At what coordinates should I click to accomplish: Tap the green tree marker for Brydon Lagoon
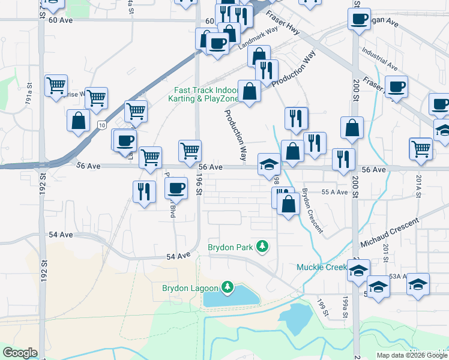228,287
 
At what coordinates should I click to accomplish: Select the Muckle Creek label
322,266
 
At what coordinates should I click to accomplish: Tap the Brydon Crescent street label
312,210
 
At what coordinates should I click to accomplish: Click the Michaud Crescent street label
390,233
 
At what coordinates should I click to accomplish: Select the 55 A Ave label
335,192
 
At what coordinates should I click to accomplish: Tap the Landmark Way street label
259,37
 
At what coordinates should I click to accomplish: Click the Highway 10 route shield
102,125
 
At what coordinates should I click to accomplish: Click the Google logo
20,353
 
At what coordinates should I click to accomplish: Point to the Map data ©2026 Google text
411,355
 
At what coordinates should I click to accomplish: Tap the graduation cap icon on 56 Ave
269,163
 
